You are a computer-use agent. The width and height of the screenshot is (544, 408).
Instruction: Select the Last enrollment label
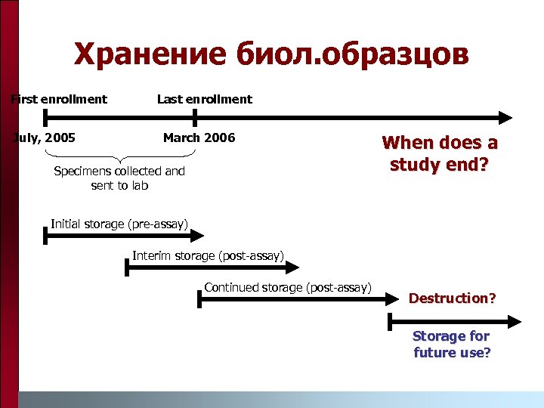pos(205,99)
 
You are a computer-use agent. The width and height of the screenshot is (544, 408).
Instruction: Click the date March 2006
pos(199,138)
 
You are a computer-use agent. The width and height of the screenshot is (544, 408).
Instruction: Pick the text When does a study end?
pos(440,153)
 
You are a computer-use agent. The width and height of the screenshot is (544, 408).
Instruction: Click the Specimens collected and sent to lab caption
pos(119,178)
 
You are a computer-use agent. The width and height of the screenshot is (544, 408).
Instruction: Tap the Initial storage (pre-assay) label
pos(119,223)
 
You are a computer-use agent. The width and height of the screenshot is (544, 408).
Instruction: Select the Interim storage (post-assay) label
pos(209,255)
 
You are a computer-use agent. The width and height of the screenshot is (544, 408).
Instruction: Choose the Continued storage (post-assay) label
pos(288,287)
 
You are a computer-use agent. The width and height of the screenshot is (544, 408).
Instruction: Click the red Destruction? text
pos(452,298)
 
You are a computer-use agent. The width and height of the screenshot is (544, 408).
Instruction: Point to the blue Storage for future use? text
pos(452,344)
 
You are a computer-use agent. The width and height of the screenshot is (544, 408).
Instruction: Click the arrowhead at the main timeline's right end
pos(505,117)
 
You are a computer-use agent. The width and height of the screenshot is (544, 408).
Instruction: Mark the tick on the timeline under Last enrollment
pos(195,117)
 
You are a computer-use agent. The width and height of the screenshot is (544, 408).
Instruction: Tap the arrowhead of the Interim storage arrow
pos(294,268)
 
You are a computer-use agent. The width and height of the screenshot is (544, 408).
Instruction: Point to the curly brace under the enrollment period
pos(121,156)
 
